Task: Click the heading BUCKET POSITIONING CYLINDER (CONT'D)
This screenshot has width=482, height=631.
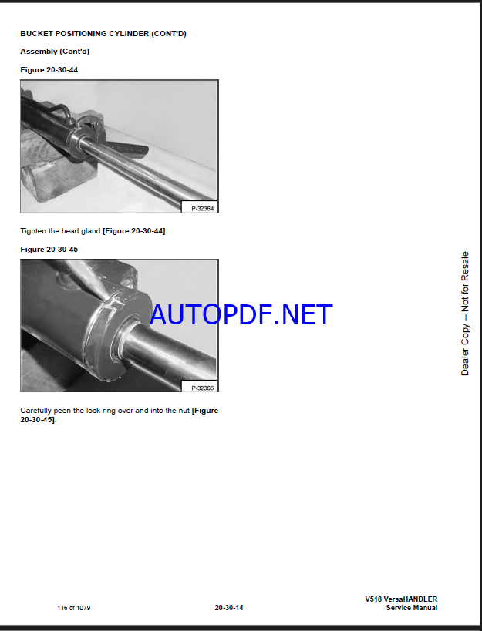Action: click(x=103, y=34)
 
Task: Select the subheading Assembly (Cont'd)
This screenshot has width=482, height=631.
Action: click(x=55, y=52)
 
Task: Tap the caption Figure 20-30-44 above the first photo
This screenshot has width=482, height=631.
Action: click(x=49, y=70)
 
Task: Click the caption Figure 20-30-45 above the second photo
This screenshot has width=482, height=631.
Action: click(x=49, y=250)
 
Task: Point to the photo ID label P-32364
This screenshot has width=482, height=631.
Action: click(x=202, y=209)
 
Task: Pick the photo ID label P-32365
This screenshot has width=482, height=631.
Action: click(x=202, y=388)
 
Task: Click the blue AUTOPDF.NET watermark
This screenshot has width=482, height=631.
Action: click(x=241, y=314)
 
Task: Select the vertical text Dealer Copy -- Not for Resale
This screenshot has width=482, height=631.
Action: click(x=465, y=314)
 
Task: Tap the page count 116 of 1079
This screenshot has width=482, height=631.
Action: click(x=74, y=608)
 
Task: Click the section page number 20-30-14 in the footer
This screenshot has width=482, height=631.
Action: click(x=229, y=608)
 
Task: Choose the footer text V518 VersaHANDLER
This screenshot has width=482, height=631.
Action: click(x=401, y=599)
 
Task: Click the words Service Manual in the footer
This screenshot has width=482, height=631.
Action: click(x=412, y=608)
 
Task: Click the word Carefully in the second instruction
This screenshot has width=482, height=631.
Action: click(x=35, y=411)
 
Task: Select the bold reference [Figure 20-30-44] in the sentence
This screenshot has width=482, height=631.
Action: click(x=133, y=231)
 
